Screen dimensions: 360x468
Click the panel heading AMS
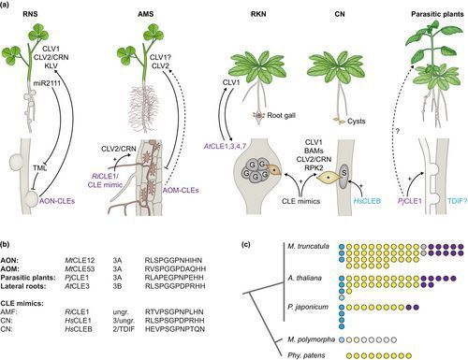click(135, 15)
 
